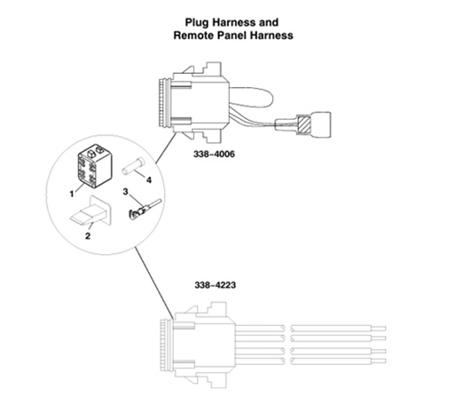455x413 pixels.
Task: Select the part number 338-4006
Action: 216,153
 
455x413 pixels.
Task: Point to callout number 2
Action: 87,236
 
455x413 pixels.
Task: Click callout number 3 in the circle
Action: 126,193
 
